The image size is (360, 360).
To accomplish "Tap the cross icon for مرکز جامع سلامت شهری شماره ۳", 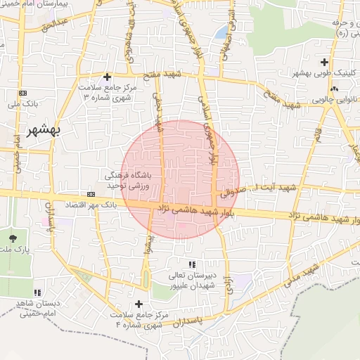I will click(107, 77).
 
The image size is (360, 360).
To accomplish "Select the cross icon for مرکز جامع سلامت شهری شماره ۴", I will click(139, 304).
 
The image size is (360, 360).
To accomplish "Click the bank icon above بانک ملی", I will click(23, 93).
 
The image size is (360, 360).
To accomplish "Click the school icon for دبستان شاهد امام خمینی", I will click(37, 292).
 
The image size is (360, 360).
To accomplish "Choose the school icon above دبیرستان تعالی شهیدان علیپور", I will click(173, 264).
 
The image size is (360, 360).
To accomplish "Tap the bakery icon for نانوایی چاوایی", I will click(334, 89).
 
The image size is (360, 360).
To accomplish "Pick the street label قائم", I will click(317, 133).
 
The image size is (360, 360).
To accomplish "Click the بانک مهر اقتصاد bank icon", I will click(91, 193).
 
